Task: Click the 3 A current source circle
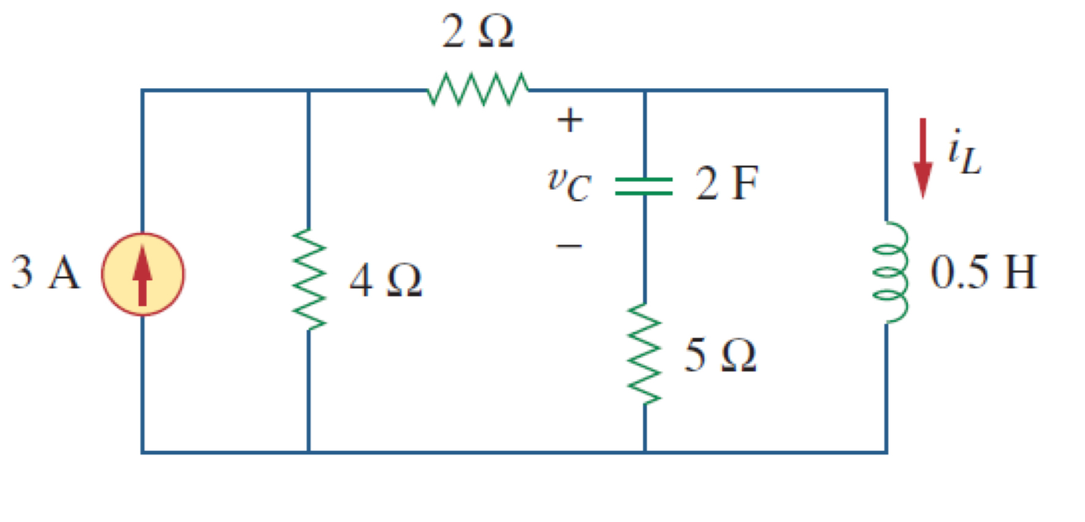point(142,274)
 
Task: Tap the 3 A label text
point(46,272)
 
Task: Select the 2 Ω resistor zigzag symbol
point(478,90)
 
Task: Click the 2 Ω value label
point(478,32)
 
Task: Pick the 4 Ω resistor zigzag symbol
point(308,280)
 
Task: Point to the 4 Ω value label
point(386,280)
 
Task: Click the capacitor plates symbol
point(644,186)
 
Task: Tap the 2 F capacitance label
point(726,183)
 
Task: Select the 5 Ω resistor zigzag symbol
point(644,354)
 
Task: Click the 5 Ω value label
point(721,355)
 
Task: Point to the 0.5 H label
point(983,272)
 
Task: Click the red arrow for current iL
point(923,158)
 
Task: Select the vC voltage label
point(569,185)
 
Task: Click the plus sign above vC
point(569,120)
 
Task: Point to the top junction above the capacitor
point(644,91)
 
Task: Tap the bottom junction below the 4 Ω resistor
point(308,452)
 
